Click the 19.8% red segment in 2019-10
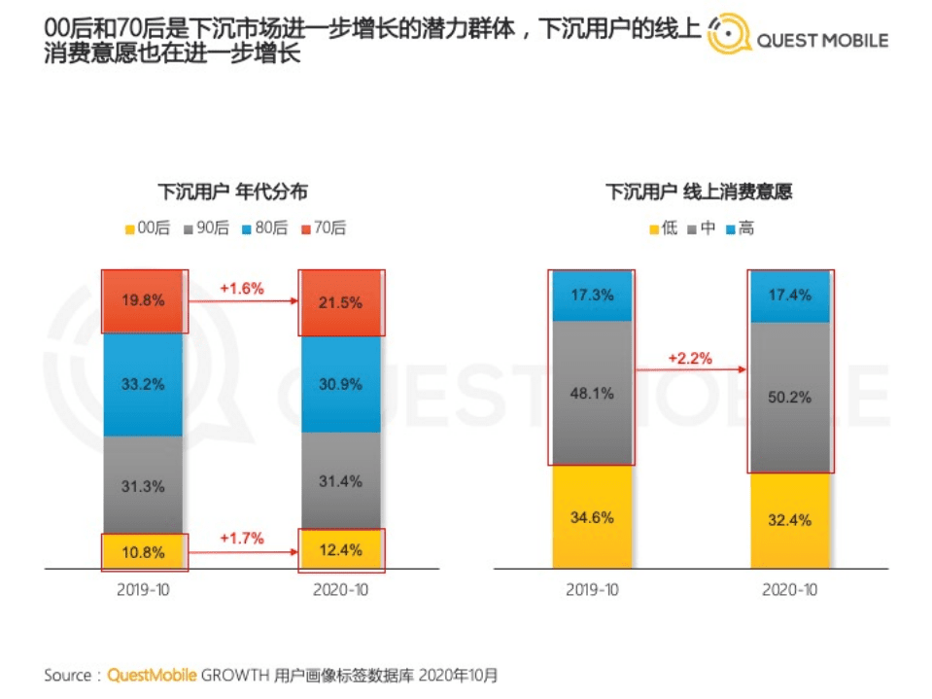click(144, 300)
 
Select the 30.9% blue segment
click(340, 384)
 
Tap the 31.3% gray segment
click(144, 485)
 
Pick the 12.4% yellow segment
click(340, 550)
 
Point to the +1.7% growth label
click(240, 538)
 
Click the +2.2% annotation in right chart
click(690, 358)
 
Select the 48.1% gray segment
click(592, 395)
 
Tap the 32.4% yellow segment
click(789, 520)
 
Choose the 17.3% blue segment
click(592, 295)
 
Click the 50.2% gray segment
click(789, 398)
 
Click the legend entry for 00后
click(147, 228)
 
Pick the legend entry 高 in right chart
click(740, 228)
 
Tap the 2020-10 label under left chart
click(340, 590)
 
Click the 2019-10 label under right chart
click(592, 590)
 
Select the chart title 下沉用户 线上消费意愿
click(699, 192)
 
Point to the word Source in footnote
click(68, 674)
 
